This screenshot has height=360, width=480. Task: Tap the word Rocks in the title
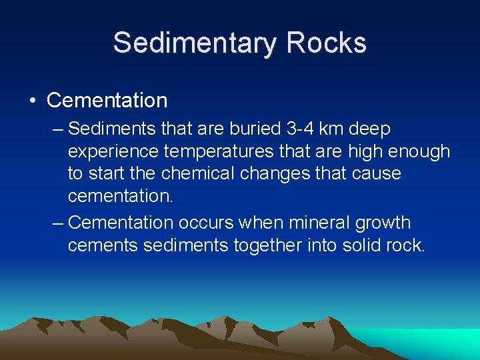pos(327,43)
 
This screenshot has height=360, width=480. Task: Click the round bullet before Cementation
pos(33,101)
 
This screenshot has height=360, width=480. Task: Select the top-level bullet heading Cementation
pos(107,101)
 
